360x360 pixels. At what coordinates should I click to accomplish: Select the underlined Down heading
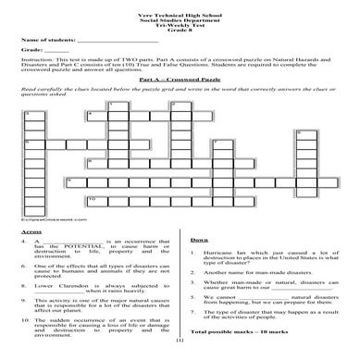[198, 240]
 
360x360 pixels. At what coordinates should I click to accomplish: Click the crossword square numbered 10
[93, 200]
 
